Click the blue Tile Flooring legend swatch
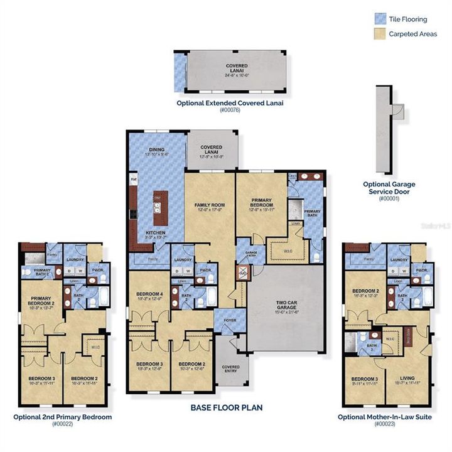(379, 19)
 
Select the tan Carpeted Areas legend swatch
(379, 33)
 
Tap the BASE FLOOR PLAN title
(226, 407)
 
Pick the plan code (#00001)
(389, 198)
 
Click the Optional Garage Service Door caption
(389, 188)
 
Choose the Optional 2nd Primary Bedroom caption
(63, 416)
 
